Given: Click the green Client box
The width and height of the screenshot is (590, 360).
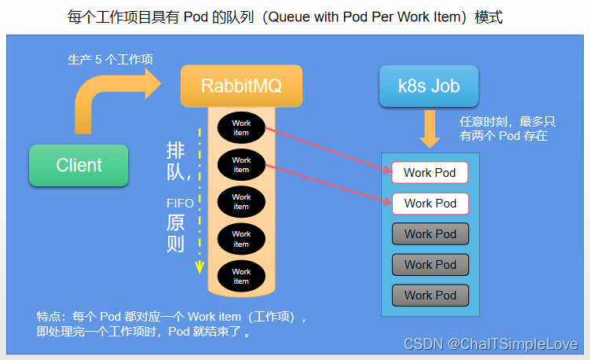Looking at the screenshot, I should [79, 165].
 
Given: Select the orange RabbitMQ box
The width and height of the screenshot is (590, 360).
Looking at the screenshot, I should [241, 85].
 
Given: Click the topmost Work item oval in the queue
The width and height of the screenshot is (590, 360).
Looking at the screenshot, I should [241, 127].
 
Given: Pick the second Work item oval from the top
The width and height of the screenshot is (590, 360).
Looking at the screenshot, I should [241, 164].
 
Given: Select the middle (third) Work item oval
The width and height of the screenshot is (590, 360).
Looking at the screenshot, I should [241, 201].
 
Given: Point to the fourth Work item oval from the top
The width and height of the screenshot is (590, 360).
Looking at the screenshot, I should [241, 238].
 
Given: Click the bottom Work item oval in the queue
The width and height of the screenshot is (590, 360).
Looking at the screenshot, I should [241, 276].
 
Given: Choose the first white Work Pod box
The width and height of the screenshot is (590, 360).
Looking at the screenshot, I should [430, 172].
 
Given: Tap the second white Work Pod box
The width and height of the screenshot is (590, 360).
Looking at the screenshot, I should [430, 203].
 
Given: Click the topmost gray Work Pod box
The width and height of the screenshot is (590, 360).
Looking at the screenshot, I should [430, 233].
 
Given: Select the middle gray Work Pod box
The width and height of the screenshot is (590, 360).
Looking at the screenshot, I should [430, 264].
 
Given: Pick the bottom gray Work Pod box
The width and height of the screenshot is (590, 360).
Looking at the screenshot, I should [430, 295].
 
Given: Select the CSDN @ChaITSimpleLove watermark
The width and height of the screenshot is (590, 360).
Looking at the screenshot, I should [490, 344].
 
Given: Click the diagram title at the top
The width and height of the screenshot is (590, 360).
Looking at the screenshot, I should [295, 17].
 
